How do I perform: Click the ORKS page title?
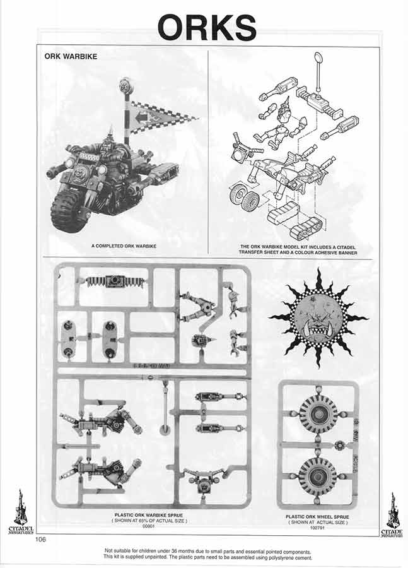(x=206, y=28)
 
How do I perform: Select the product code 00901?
(x=149, y=526)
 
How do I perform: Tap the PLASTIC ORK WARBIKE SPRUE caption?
(x=149, y=516)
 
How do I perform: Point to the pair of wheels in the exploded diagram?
(x=243, y=196)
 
